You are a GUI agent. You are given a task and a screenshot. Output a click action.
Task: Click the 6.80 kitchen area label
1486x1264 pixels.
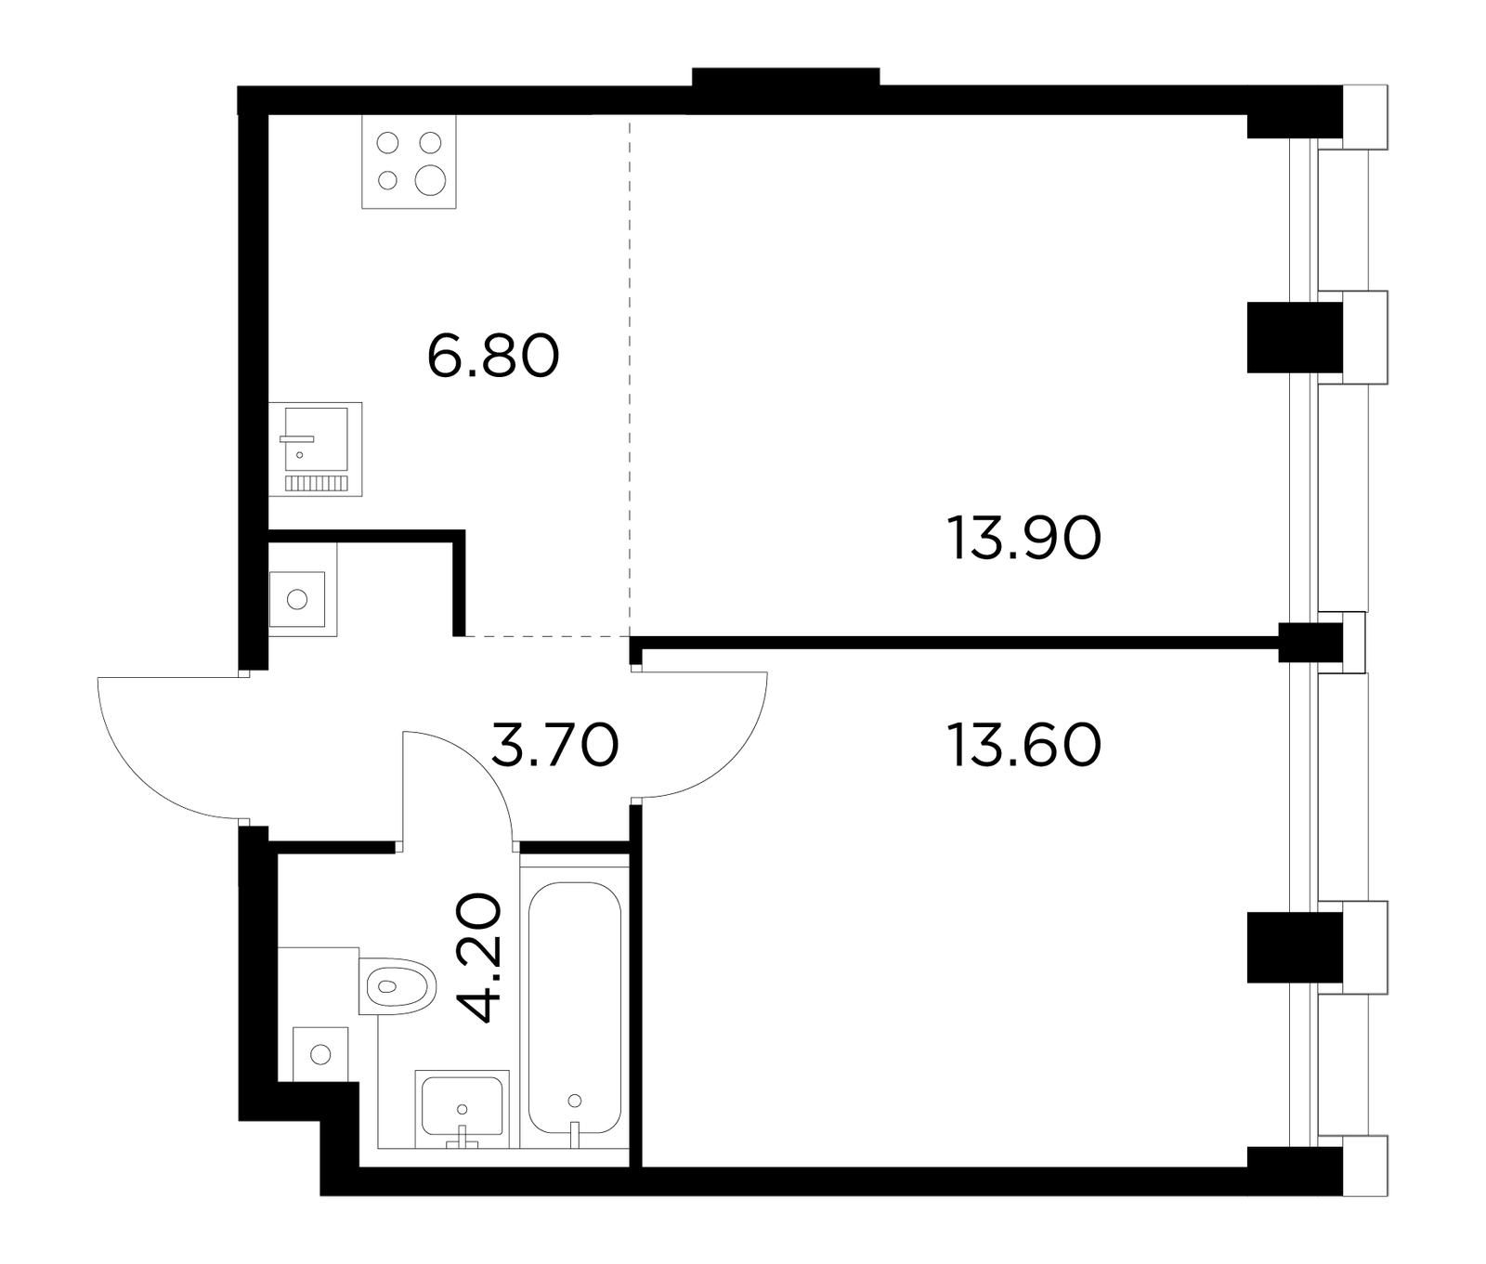tap(493, 357)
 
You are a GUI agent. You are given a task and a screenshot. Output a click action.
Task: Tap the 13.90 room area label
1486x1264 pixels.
tap(1023, 539)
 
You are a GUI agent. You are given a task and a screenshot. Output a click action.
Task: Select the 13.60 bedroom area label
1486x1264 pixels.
tap(1023, 746)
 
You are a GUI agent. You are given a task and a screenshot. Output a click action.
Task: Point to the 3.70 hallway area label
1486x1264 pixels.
tap(554, 746)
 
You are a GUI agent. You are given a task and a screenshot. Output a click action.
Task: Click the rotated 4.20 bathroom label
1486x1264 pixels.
tap(482, 958)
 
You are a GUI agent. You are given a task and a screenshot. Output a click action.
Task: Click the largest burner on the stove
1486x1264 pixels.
tap(430, 180)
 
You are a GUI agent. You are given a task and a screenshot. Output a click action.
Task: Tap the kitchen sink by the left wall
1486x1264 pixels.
tap(315, 449)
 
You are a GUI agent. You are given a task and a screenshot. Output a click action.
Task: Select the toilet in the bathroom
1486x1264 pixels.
tap(398, 986)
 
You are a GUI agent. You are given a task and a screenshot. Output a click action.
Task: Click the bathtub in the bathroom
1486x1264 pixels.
tap(575, 1007)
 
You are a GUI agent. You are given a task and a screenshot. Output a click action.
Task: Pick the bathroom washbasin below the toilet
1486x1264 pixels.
tap(462, 1107)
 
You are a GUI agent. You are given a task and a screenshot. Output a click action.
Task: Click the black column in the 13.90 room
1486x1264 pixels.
tap(1295, 337)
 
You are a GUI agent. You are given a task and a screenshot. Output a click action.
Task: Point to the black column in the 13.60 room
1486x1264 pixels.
tap(1295, 947)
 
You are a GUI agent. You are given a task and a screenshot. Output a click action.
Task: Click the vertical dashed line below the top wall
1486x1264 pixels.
tap(630, 376)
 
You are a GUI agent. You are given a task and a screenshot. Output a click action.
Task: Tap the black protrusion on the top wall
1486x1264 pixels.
tap(786, 77)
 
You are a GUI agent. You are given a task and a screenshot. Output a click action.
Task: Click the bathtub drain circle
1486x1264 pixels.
tap(574, 1101)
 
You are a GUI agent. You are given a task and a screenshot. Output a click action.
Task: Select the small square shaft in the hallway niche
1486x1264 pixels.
tap(297, 599)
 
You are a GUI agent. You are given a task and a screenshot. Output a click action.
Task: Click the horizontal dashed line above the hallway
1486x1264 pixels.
tap(547, 636)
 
